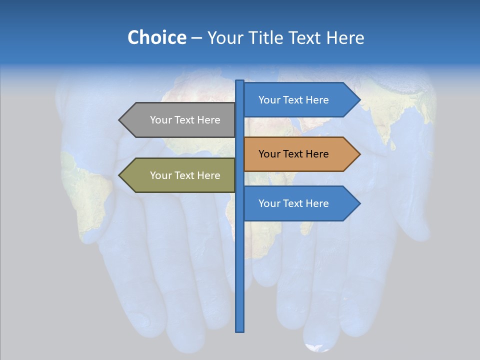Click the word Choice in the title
(156, 37)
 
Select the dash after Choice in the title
(196, 38)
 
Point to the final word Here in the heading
(345, 37)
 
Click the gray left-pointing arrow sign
(180, 120)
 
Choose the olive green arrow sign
(180, 175)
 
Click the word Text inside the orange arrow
(293, 154)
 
